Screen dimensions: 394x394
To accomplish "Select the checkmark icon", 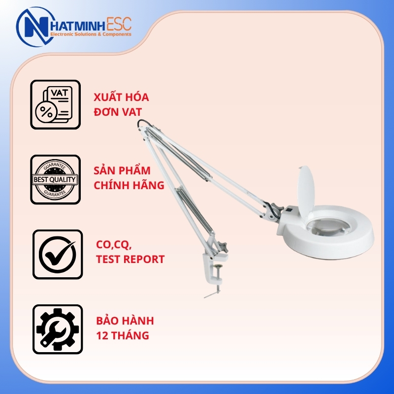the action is [x=58, y=254].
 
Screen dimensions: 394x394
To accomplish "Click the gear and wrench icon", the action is [x=58, y=329].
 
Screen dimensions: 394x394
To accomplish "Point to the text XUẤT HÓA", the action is [x=121, y=97].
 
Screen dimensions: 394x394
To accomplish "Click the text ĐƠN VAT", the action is [x=118, y=112].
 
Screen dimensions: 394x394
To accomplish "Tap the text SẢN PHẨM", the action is [x=122, y=170].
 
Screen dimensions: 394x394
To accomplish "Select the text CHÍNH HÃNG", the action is [x=129, y=185].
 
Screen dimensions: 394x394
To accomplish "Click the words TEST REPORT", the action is [x=130, y=260].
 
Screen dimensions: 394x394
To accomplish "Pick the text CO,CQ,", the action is [x=114, y=245].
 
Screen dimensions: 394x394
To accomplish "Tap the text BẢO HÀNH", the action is [x=125, y=321].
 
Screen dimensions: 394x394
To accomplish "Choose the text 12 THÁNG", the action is [x=123, y=335].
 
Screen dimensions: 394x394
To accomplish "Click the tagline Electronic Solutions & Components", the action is [x=91, y=34].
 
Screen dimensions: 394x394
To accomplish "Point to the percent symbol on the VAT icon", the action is [x=46, y=112].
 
